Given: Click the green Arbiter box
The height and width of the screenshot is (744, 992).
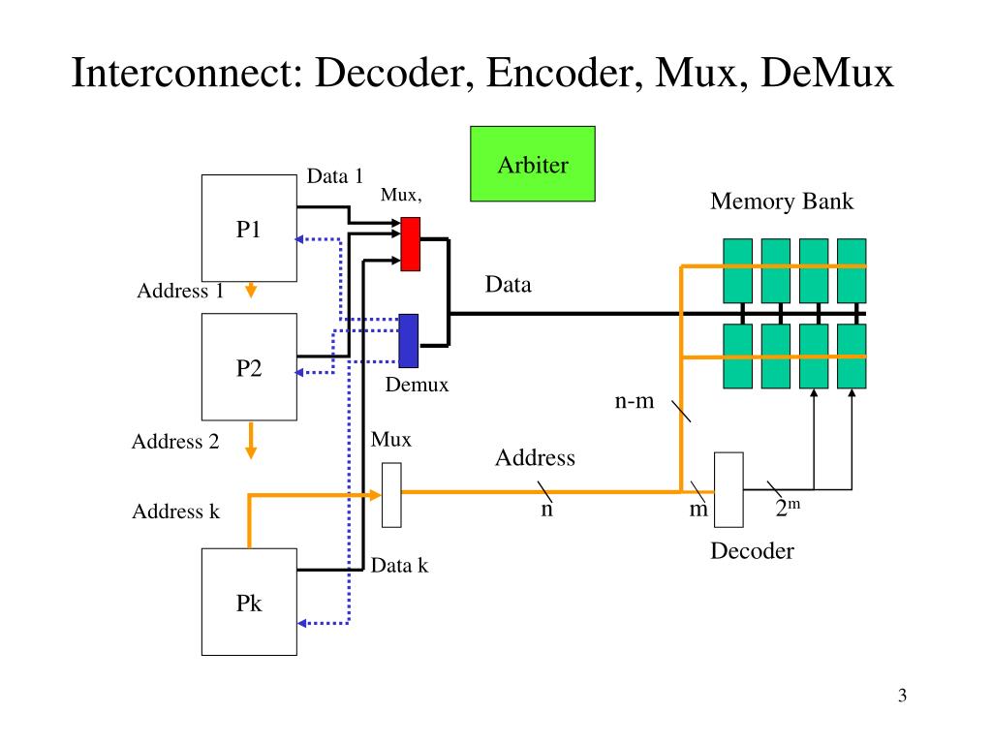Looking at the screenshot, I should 532,164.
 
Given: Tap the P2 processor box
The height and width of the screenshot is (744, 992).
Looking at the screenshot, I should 248,367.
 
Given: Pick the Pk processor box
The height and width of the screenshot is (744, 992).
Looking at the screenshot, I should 248,602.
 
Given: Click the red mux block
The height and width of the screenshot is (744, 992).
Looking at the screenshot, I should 411,243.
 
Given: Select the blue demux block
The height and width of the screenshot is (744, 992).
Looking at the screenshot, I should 409,341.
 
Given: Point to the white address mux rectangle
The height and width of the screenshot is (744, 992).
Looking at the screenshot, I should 391,495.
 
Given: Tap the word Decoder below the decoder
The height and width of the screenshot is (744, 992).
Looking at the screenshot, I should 752,551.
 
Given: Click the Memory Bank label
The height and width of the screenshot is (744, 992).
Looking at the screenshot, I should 782,201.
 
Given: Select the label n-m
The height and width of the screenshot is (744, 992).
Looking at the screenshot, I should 635,401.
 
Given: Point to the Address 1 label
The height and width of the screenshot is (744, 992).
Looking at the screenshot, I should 180,291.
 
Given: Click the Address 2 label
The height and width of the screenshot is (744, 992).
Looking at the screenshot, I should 175,442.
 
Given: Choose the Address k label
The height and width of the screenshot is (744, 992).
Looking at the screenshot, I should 176,511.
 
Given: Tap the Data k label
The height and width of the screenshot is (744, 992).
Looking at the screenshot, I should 399,566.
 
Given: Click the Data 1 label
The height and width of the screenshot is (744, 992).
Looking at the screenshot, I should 335,176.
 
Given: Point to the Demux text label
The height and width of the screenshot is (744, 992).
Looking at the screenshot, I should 417,385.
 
